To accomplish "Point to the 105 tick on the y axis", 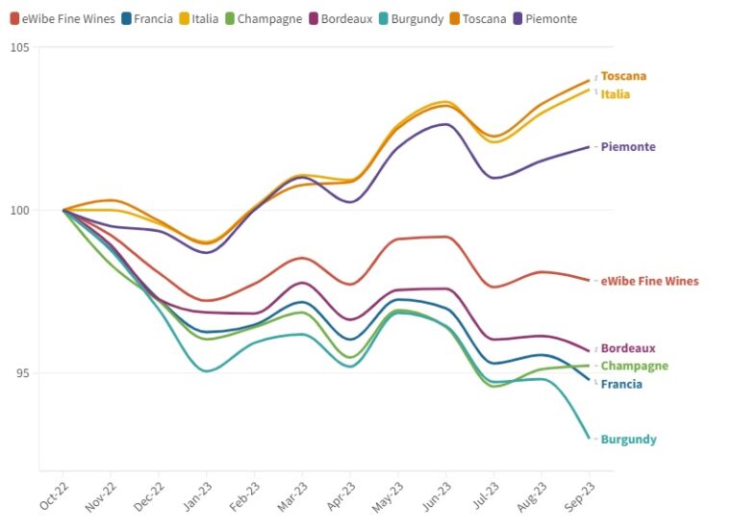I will click(19, 48).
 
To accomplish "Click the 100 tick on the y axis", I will click(19, 211).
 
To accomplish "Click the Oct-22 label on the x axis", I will click(54, 496).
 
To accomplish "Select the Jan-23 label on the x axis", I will click(197, 496).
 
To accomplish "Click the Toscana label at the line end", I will click(623, 76).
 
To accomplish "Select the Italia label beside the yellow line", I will click(616, 94).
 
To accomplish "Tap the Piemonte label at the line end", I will click(628, 147).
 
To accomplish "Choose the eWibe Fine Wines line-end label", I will click(649, 282).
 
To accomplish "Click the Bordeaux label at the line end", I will click(628, 348).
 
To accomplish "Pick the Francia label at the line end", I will click(621, 385).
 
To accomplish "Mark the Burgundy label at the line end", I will click(628, 440).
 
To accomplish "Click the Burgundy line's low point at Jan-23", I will click(207, 371).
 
